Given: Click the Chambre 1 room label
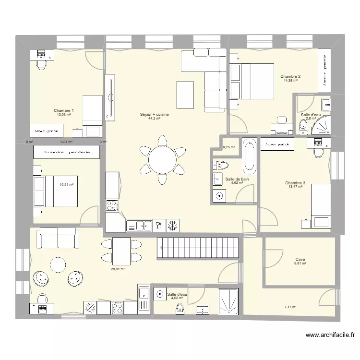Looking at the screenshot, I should point(63,110).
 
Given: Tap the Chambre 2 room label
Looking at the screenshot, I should point(290,76).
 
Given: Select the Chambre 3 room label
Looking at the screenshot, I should point(295,183).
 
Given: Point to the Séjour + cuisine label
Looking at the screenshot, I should point(154,114).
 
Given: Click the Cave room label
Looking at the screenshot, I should point(300,259).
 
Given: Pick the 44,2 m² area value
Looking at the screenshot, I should point(154,119).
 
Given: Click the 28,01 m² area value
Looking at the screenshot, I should point(118,269).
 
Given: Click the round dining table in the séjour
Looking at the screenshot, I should point(163,158).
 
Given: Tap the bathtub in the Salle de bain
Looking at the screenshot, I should point(249,156).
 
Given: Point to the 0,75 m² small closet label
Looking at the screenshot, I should point(229,147).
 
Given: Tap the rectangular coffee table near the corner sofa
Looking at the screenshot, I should point(185,91).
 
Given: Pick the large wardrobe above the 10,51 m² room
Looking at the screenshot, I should point(66,152).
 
